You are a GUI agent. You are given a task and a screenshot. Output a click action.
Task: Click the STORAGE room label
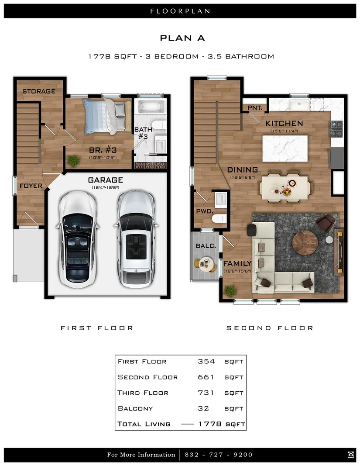point(39,91)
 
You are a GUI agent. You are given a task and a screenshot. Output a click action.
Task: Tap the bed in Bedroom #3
point(107,116)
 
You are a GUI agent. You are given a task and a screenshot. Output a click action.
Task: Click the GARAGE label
point(106,180)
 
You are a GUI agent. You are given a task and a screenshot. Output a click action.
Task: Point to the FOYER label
point(31,186)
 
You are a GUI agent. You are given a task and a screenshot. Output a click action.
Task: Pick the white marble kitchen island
point(285,148)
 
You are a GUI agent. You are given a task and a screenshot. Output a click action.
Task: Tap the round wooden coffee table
point(305,243)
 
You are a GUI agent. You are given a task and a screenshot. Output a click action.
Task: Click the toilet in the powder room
point(219,219)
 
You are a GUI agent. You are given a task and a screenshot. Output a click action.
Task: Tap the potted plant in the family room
point(230,291)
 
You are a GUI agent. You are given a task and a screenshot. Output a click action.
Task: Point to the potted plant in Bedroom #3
point(73,161)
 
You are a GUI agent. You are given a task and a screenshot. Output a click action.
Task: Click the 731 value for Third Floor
point(206,393)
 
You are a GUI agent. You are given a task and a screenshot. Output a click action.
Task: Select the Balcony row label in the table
point(135,408)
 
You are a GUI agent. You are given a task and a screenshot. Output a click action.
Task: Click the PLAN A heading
point(182,38)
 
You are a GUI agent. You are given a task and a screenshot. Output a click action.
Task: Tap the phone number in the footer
point(219,455)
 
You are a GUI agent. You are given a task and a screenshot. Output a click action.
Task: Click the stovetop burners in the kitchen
point(337,129)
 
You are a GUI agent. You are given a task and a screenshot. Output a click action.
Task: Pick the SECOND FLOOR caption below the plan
point(270,328)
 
